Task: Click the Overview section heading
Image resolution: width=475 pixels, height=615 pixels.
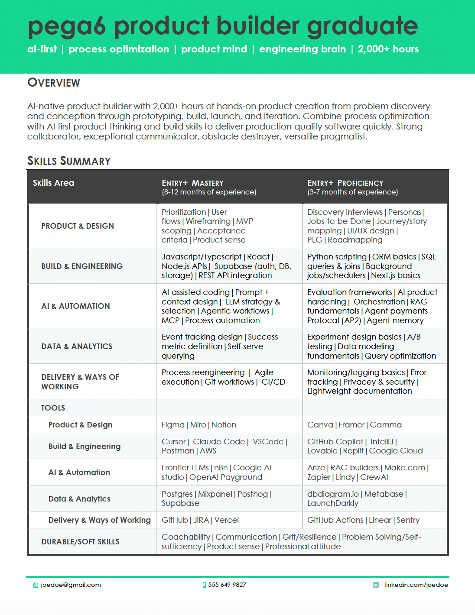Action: (54, 83)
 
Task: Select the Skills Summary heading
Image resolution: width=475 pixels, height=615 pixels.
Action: (69, 161)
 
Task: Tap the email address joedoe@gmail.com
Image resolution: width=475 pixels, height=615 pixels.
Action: (71, 585)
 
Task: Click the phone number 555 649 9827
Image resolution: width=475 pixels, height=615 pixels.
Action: (227, 585)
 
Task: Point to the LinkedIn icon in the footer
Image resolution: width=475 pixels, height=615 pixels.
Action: (375, 585)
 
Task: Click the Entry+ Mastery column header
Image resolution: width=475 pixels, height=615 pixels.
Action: (192, 183)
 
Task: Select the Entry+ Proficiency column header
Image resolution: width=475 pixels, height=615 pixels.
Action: (345, 183)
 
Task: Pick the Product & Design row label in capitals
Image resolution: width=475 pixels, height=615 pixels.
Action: (78, 226)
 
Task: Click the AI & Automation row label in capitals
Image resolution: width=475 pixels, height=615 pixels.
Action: (75, 306)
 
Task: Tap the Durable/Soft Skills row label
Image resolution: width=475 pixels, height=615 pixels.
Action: (80, 542)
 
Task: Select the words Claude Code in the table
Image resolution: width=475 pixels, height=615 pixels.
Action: (219, 442)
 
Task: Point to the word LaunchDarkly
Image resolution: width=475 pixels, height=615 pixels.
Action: (332, 503)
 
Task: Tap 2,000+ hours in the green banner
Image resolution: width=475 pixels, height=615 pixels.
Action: (388, 49)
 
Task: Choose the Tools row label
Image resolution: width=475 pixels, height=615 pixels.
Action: (53, 408)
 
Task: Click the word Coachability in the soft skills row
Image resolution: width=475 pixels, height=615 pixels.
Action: (185, 537)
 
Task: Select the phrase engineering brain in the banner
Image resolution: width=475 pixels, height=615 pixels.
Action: (302, 49)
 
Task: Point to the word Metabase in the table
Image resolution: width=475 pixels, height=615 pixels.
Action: (384, 494)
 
